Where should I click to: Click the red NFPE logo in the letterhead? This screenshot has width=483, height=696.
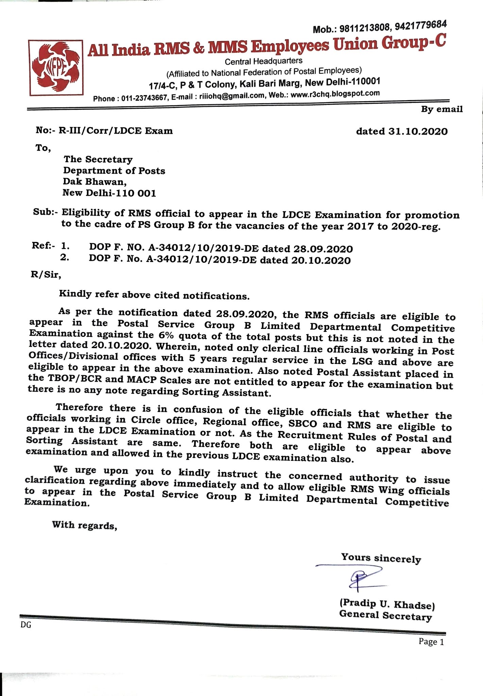point(56,67)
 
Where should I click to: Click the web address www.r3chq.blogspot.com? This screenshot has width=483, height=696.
point(335,94)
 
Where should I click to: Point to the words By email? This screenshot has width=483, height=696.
point(442,109)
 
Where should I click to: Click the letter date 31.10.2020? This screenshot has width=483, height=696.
point(418,132)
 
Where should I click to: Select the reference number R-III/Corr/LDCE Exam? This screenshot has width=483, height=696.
point(116,131)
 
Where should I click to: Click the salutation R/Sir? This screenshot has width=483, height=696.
point(46,274)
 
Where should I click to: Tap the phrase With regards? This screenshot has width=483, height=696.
point(85,525)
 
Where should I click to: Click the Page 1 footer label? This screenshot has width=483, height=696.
point(431,642)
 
